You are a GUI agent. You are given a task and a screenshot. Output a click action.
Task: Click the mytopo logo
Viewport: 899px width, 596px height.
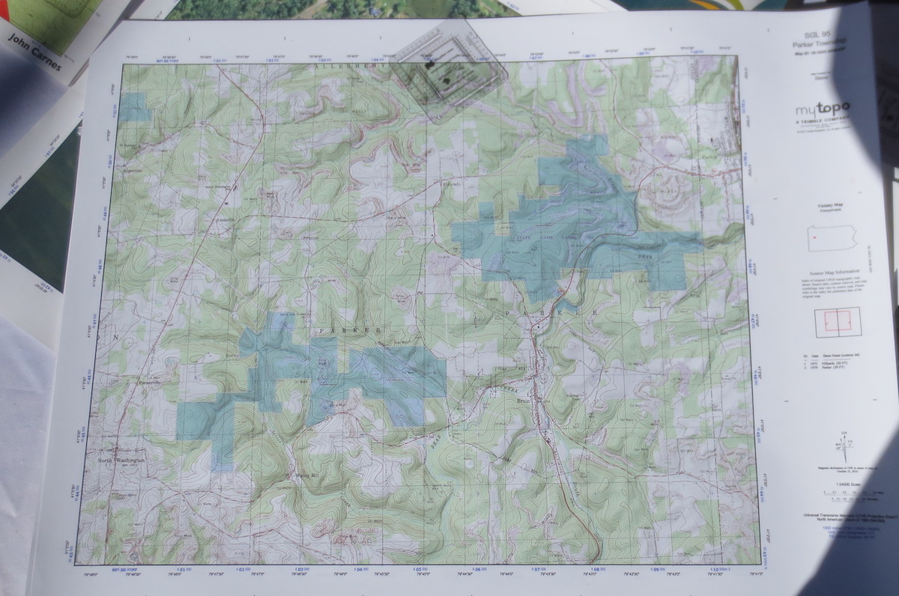pos(823,109)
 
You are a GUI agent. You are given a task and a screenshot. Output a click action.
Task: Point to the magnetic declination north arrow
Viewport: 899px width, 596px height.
pos(845,450)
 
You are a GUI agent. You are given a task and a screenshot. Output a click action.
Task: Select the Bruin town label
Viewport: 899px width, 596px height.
pos(522,402)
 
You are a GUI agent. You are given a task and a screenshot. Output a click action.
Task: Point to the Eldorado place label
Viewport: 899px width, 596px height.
pos(451,183)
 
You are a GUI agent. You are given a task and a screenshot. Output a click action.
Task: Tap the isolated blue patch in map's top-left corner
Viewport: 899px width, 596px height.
pos(134,108)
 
